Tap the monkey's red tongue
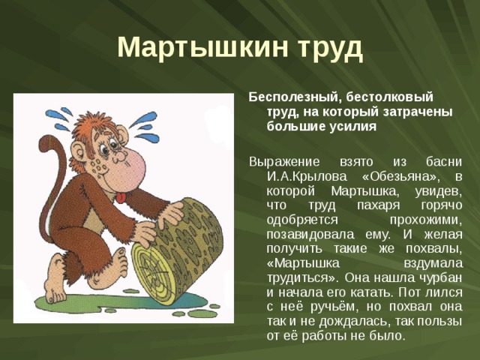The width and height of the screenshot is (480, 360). (x=121, y=197)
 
